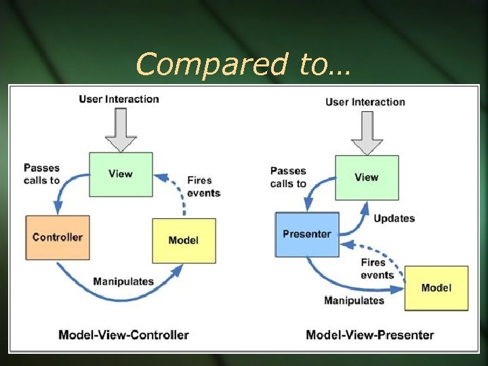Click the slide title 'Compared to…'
pos(242,64)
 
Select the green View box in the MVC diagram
pos(121,174)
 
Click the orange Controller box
pos(58,237)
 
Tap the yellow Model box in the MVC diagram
pos(184,241)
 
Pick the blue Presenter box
pos(307,235)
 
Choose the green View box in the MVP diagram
pos(367,178)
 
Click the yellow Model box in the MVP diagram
pos(436,288)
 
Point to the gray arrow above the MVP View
pos(367,133)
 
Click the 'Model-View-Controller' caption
pos(123,335)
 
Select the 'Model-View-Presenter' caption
pos(370,335)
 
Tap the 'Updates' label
pos(394,218)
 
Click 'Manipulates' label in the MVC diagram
pos(123,281)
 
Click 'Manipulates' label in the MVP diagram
pos(354,300)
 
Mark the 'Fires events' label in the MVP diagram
pos(378,268)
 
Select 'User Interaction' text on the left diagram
pos(119,99)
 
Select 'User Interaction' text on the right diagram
pos(365,102)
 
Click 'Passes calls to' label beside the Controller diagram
pos(41,174)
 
